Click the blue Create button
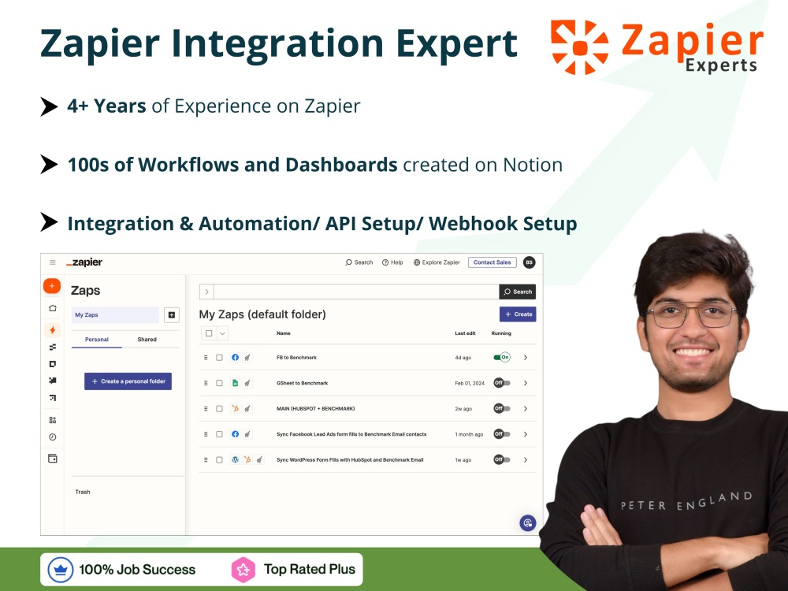[518, 314]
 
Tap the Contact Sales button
[492, 262]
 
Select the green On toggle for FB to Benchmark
[502, 357]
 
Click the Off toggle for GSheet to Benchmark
[502, 383]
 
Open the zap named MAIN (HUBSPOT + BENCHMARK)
[315, 408]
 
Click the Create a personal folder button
[128, 381]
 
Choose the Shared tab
[147, 340]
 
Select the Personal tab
[97, 340]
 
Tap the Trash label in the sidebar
[83, 492]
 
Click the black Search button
[518, 292]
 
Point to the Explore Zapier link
[437, 262]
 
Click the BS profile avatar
[529, 262]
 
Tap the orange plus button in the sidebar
[52, 286]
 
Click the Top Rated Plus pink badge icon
[243, 569]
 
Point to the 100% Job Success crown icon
[61, 569]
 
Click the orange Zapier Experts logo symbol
[579, 47]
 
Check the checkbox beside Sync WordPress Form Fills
[219, 459]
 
